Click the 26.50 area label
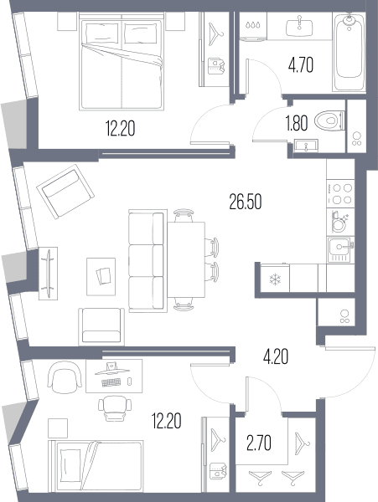pyautogui.click(x=246, y=202)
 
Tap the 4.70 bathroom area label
pyautogui.click(x=301, y=65)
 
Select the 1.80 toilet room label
pyautogui.click(x=297, y=123)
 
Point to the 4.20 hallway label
pyautogui.click(x=276, y=356)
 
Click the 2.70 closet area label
pyautogui.click(x=259, y=443)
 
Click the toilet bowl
pyautogui.click(x=329, y=121)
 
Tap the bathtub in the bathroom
pyautogui.click(x=349, y=52)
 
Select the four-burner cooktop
pyautogui.click(x=340, y=194)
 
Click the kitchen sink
pyautogui.click(x=341, y=249)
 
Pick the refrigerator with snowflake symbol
pyautogui.click(x=275, y=279)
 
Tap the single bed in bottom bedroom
pyautogui.click(x=96, y=466)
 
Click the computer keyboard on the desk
pyautogui.click(x=111, y=382)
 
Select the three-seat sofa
pyautogui.click(x=148, y=261)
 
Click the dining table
pyautogui.click(x=186, y=259)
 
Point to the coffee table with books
pyautogui.click(x=101, y=277)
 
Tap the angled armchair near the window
pyautogui.click(x=65, y=192)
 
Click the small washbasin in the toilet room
pyautogui.click(x=306, y=146)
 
